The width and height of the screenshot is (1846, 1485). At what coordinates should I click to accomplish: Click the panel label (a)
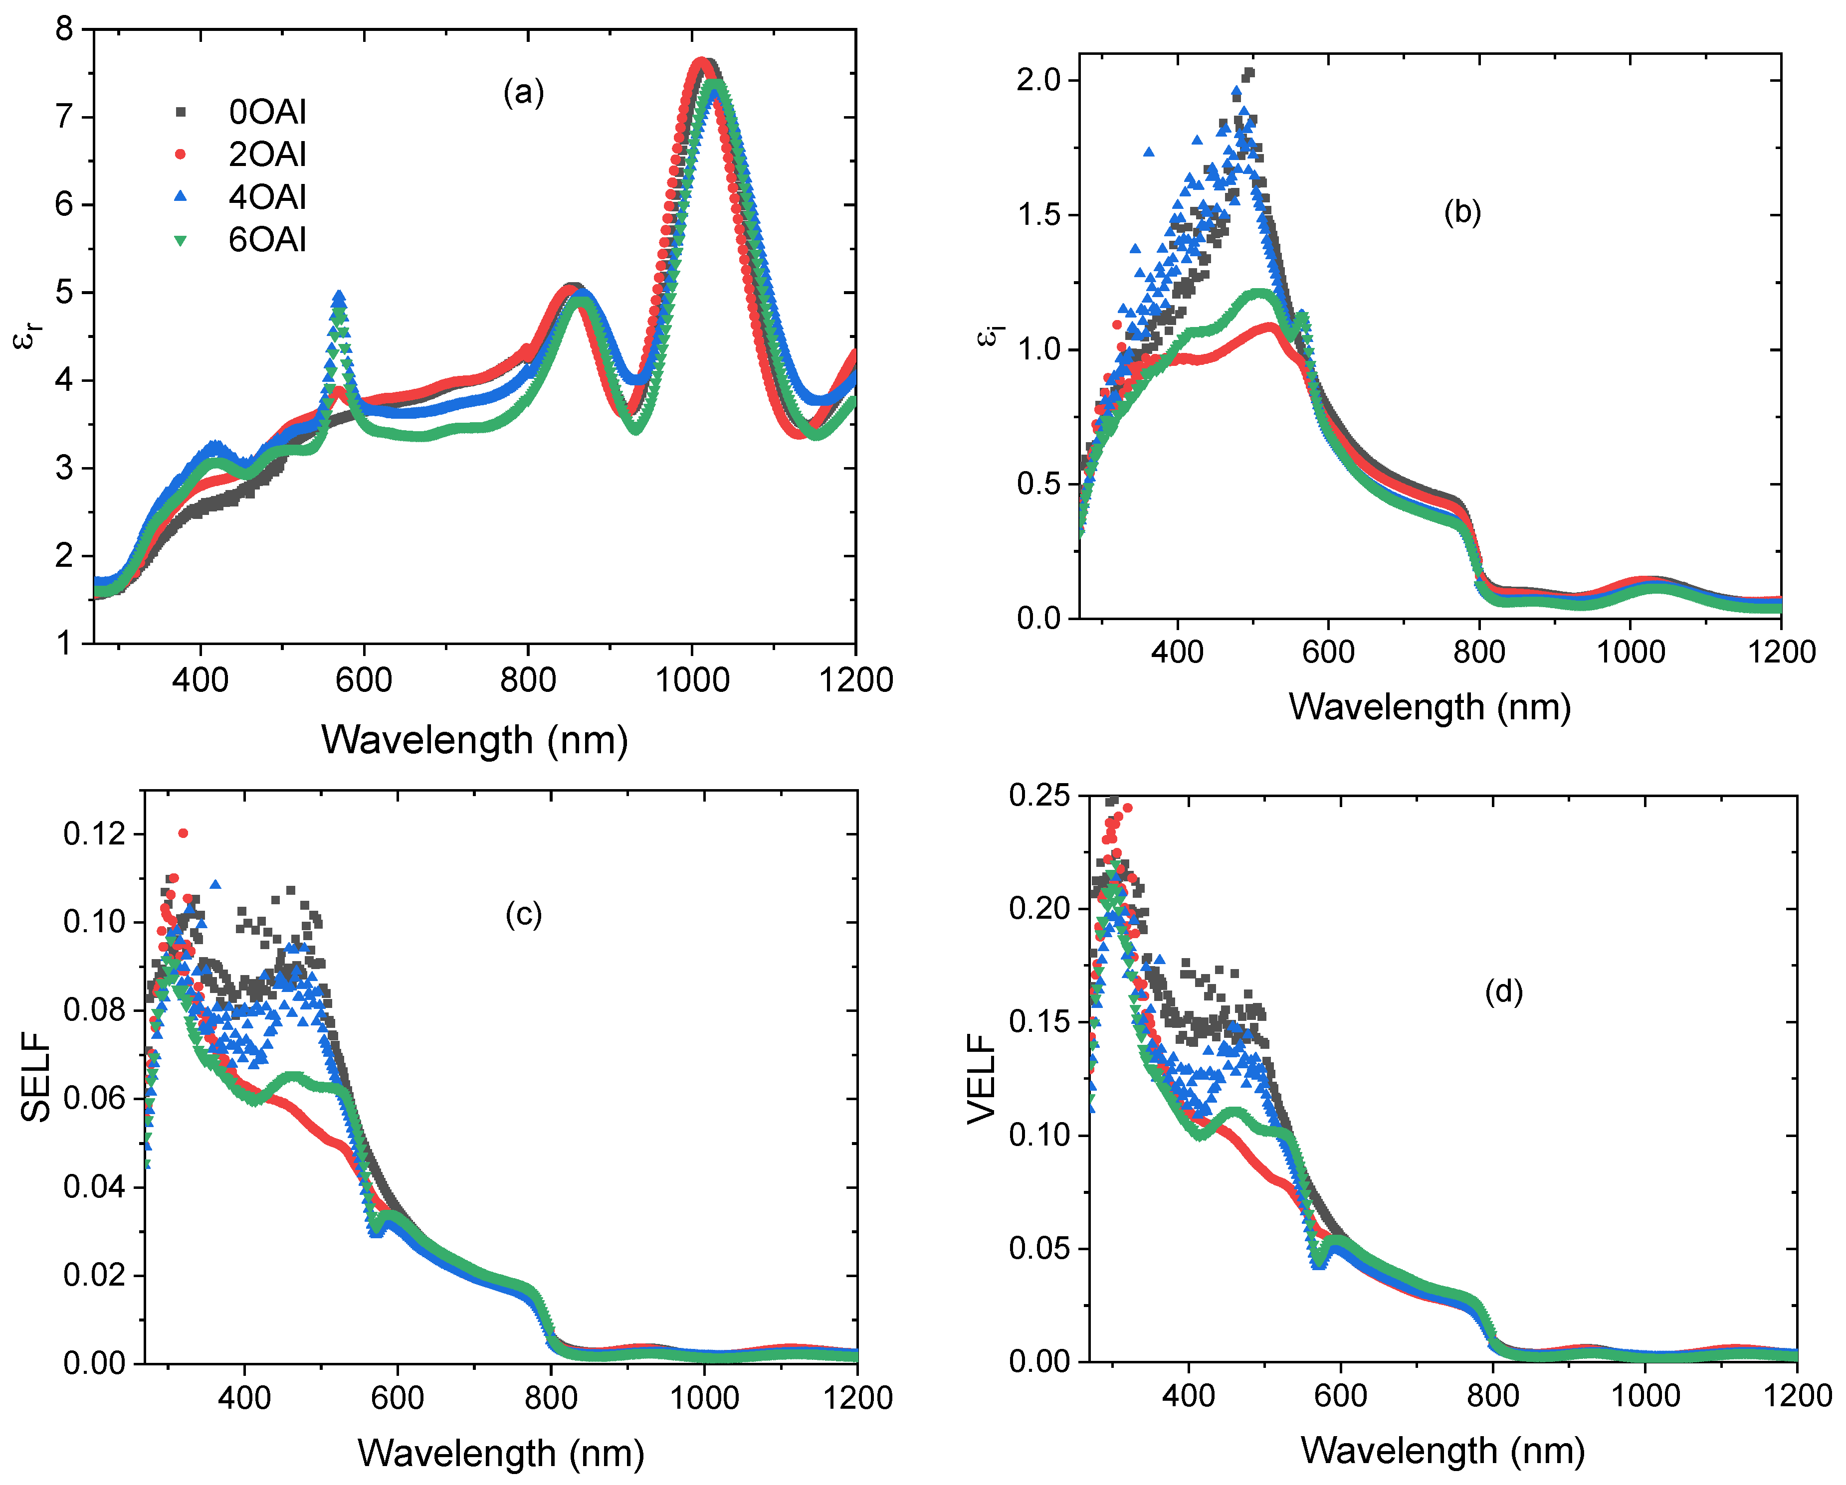click(523, 92)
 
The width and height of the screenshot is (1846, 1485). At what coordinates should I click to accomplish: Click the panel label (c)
click(523, 914)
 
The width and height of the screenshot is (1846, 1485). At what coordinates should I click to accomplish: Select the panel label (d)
click(1503, 991)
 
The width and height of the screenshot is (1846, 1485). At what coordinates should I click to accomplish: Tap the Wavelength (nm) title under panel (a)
click(474, 739)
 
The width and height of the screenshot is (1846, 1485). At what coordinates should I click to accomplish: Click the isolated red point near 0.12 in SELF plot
click(183, 833)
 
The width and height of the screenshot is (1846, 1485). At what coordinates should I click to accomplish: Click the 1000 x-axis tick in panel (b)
click(1630, 652)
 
